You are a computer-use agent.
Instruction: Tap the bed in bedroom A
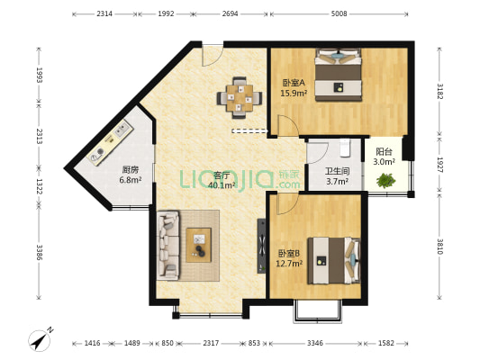tap(339, 75)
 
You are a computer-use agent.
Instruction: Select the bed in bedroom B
tap(332, 257)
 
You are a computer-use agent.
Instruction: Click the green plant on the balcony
tap(386, 181)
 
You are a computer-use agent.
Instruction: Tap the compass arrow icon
tap(39, 339)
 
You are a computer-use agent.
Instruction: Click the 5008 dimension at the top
tap(339, 13)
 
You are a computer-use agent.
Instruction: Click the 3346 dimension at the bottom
tap(315, 343)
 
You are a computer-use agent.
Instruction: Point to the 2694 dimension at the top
tap(230, 13)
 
